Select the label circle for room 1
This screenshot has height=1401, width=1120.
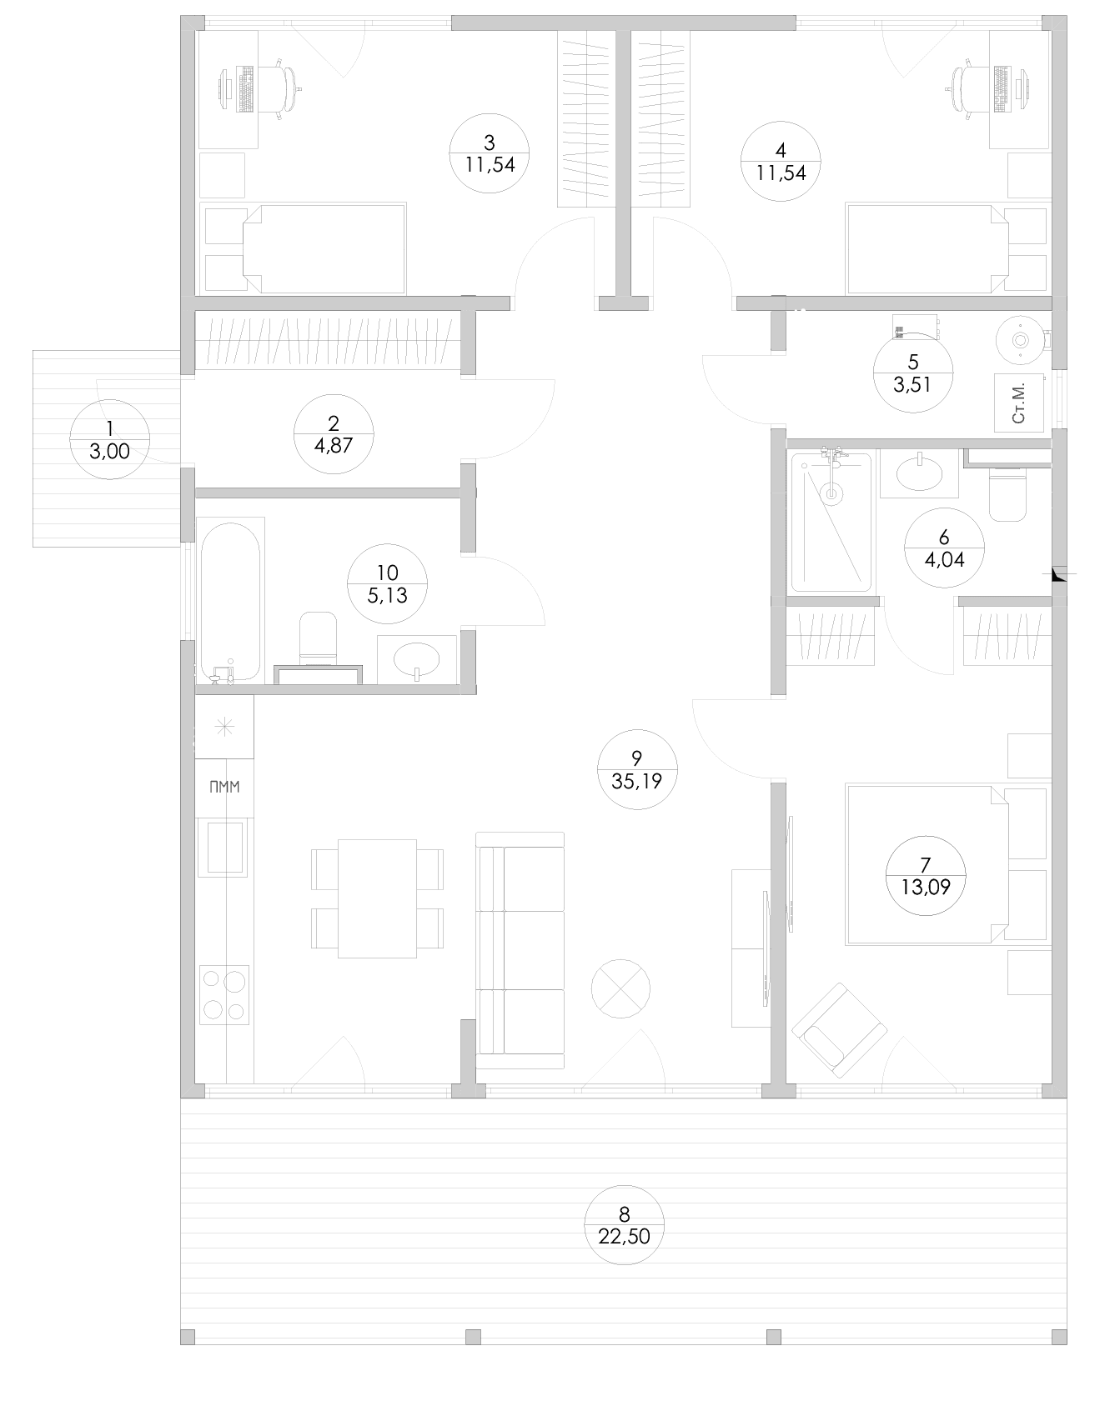point(109,439)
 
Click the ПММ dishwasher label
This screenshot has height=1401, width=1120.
point(225,787)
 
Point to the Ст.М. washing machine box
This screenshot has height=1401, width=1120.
point(1019,403)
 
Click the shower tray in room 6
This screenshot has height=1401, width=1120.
point(831,522)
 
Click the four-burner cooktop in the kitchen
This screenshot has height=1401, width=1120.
point(224,995)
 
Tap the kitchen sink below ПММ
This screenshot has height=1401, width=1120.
point(223,847)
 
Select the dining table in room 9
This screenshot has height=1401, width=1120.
point(377,898)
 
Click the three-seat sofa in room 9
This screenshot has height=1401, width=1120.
point(520,950)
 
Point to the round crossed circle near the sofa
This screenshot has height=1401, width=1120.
point(620,988)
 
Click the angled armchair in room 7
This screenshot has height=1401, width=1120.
point(839,1030)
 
